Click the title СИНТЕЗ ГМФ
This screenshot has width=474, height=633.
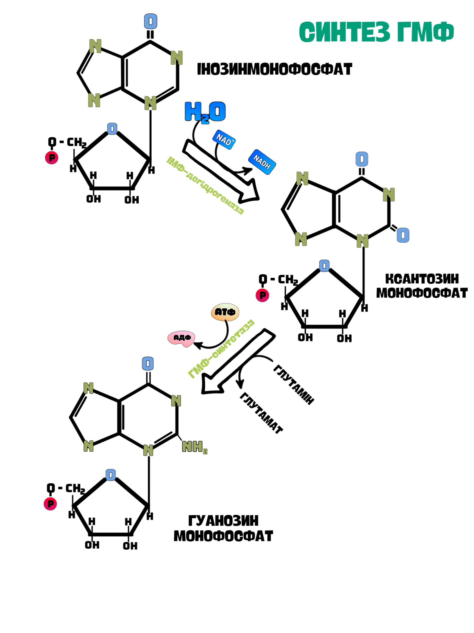pyautogui.click(x=376, y=32)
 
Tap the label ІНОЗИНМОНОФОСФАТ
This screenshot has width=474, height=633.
pyautogui.click(x=274, y=69)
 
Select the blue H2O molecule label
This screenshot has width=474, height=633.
pyautogui.click(x=205, y=112)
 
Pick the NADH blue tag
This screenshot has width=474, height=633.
pyautogui.click(x=262, y=162)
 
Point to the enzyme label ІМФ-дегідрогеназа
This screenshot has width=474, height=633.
pyautogui.click(x=205, y=185)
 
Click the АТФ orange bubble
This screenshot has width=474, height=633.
pyautogui.click(x=225, y=312)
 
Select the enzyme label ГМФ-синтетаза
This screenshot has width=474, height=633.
pyautogui.click(x=221, y=349)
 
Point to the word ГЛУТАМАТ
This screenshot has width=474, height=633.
pyautogui.click(x=261, y=413)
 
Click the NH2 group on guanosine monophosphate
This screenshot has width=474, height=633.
pyautogui.click(x=194, y=447)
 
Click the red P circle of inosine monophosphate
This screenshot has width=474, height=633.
pyautogui.click(x=52, y=158)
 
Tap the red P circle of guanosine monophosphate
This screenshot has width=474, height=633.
pyautogui.click(x=50, y=504)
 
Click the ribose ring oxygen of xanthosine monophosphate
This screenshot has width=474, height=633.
pyautogui.click(x=324, y=266)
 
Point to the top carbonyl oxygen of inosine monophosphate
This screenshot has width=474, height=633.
pyautogui.click(x=151, y=21)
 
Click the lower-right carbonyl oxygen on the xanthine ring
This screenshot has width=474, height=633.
pyautogui.click(x=403, y=235)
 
